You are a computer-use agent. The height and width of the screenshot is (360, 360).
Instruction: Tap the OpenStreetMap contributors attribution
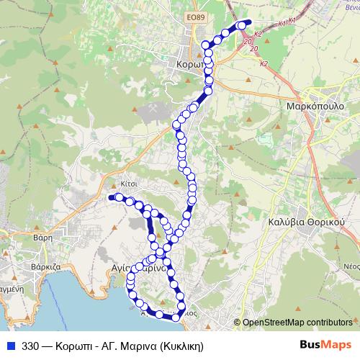[297, 322]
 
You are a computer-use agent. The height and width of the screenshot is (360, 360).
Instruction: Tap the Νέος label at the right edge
[351, 266]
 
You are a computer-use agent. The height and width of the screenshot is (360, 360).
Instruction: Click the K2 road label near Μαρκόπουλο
[264, 64]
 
